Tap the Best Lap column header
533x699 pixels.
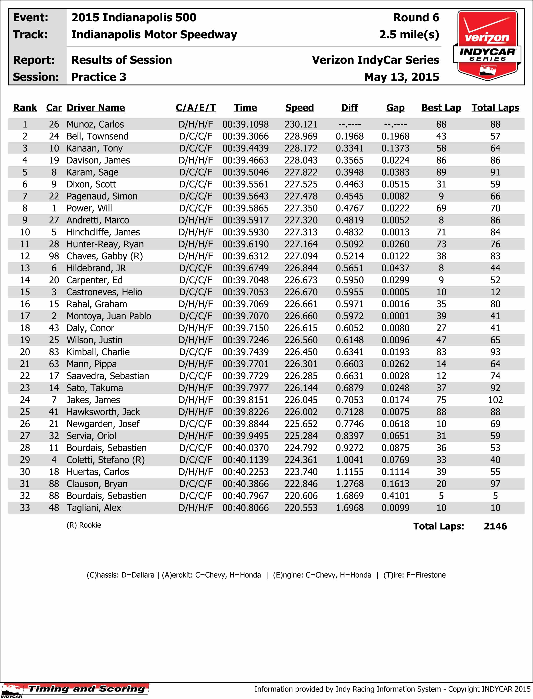point(441,108)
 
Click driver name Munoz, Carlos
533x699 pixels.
point(95,124)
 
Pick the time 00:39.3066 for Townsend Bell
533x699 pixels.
point(245,136)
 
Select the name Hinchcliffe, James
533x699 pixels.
point(103,232)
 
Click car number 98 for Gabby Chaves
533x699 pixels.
point(54,256)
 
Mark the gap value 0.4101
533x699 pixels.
point(395,496)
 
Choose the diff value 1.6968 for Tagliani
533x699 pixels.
point(350,508)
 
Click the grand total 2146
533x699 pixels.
point(495,526)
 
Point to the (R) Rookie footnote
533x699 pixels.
point(84,525)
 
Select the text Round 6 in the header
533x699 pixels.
point(416,18)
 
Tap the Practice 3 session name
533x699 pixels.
point(99,77)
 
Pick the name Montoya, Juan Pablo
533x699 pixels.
point(109,316)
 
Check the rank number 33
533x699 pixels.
point(25,508)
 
